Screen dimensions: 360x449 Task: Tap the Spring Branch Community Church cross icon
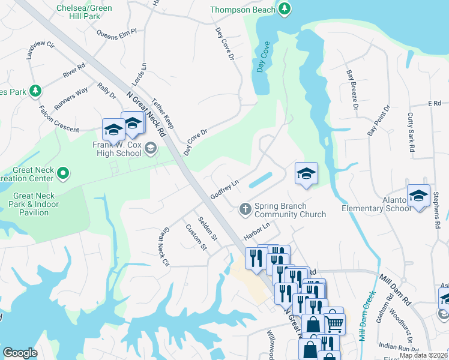(245, 209)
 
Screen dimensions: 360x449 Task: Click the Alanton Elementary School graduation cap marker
(418, 196)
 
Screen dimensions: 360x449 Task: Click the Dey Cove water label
(262, 58)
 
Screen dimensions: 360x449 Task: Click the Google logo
(20, 352)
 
